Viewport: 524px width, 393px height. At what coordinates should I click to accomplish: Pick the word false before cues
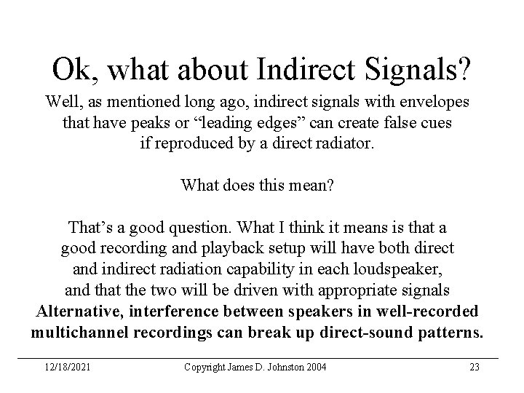point(388,122)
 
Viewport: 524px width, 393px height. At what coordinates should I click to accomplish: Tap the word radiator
point(347,143)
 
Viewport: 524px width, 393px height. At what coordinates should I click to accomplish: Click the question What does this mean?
point(257,186)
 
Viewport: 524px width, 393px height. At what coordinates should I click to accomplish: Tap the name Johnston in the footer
point(279,367)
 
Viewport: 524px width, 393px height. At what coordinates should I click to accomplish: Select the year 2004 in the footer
point(315,367)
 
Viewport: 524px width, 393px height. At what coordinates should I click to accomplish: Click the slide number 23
point(474,367)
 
